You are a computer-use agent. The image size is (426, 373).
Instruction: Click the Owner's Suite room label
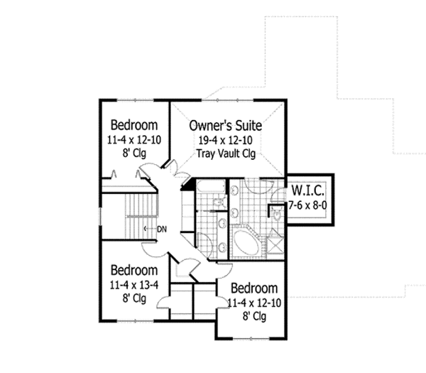pyautogui.click(x=226, y=125)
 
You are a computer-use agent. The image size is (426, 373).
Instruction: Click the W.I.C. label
pyautogui.click(x=307, y=190)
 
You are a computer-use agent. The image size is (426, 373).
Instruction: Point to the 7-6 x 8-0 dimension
pyautogui.click(x=307, y=204)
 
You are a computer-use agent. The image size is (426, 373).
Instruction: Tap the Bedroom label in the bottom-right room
pyautogui.click(x=253, y=289)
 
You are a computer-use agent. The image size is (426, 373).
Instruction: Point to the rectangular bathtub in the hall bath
pyautogui.click(x=207, y=188)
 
